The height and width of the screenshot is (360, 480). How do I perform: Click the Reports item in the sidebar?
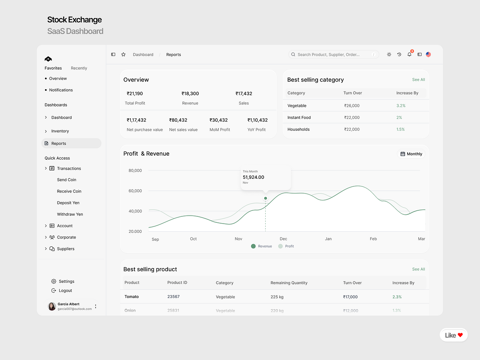tap(59, 143)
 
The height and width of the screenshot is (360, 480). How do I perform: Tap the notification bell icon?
tap(409, 54)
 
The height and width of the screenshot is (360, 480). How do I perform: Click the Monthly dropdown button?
tap(411, 154)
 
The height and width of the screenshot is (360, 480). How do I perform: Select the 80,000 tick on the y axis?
tap(135, 170)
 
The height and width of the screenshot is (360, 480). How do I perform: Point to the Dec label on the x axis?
tap(283, 239)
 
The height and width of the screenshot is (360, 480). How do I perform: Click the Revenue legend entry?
tap(262, 246)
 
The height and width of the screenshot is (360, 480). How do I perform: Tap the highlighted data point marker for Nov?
tap(265, 198)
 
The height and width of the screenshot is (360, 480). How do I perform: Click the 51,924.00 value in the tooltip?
tap(254, 177)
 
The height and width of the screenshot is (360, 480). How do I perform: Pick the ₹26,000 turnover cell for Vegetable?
tap(352, 106)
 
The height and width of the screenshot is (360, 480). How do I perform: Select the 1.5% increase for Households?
tap(400, 129)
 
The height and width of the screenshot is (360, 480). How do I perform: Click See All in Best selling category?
tap(418, 80)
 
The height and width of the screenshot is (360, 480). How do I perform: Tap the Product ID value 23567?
tap(173, 297)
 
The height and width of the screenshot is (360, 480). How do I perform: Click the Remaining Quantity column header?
tap(289, 283)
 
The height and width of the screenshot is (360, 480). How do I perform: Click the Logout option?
tap(65, 290)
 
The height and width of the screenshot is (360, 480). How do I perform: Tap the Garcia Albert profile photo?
tap(52, 306)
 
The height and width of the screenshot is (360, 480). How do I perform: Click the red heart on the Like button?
tap(460, 335)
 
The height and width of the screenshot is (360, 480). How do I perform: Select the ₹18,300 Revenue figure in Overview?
tap(190, 94)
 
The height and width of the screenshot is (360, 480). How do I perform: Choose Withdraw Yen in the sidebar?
tap(70, 214)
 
